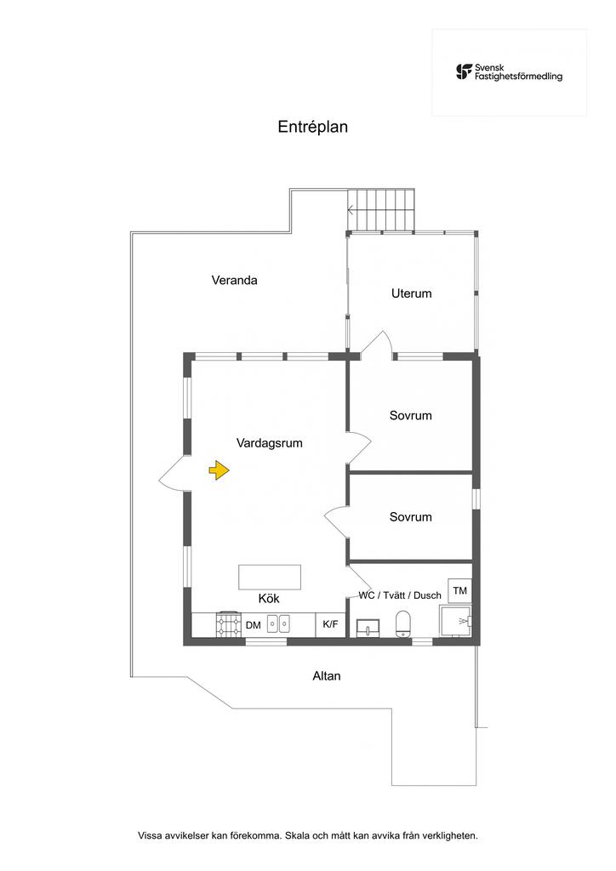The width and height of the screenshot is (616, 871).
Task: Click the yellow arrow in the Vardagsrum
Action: point(220,470)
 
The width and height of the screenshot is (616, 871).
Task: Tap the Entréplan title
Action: point(313,127)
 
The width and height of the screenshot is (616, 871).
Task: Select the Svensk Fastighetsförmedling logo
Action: point(509,71)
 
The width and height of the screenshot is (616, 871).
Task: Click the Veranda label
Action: point(234,280)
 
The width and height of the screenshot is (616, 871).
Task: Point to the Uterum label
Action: point(412,293)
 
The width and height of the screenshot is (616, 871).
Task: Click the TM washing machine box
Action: point(460,591)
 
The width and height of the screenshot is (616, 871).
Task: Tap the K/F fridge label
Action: point(330,624)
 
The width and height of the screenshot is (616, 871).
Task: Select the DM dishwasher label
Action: point(254,625)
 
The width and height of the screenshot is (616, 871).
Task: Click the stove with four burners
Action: point(227,625)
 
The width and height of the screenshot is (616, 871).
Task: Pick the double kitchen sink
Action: point(279,624)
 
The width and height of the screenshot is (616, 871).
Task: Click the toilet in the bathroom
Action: point(404,623)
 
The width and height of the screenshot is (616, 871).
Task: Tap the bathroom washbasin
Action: point(369,629)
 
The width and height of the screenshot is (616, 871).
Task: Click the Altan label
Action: point(327,676)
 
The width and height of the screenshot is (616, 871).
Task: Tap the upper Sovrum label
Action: point(411,416)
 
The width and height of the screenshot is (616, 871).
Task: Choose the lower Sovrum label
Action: point(411,517)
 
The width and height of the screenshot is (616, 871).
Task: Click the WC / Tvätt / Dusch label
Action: point(400,595)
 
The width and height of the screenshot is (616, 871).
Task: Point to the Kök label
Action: point(269,599)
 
